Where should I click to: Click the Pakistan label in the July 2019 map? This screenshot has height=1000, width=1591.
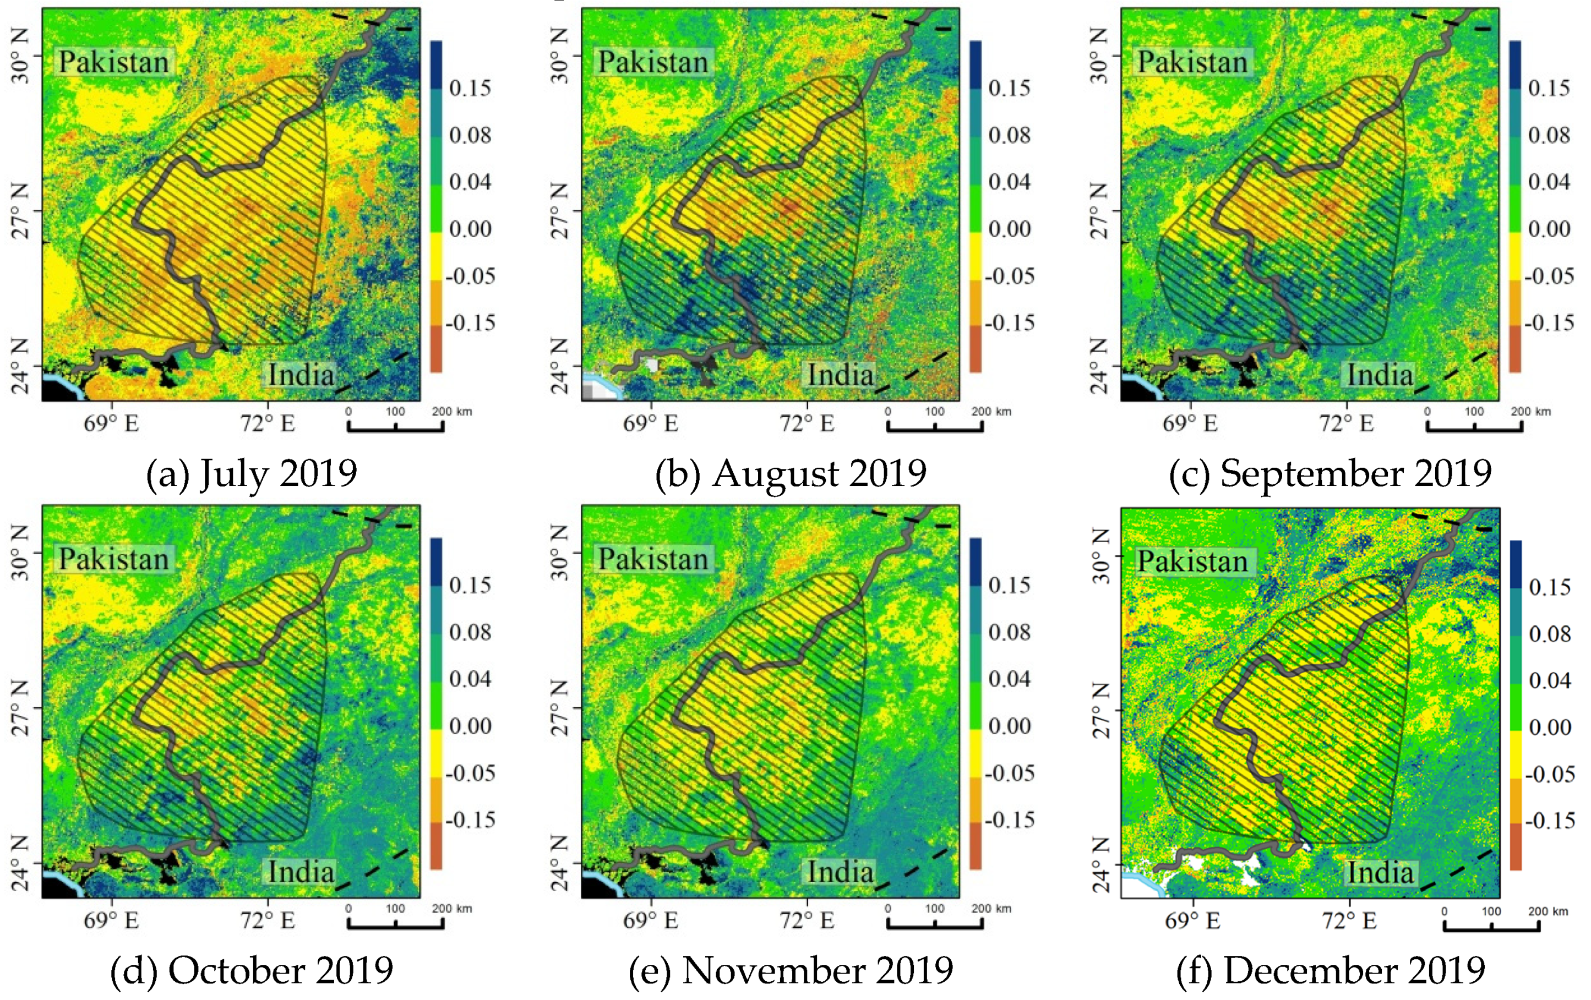click(x=113, y=62)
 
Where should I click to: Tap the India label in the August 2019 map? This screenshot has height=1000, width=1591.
click(x=841, y=375)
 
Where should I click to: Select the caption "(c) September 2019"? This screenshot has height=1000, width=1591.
click(x=1330, y=473)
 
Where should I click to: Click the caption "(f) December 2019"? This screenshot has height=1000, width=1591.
click(x=1331, y=970)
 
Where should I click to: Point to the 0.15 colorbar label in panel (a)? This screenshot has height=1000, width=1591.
click(x=470, y=88)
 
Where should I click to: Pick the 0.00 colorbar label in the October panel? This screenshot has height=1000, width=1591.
click(x=470, y=726)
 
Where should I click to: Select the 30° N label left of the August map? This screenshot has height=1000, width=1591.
click(x=559, y=56)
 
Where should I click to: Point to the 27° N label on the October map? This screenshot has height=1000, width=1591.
click(x=20, y=708)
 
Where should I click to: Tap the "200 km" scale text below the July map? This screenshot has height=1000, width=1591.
click(x=452, y=412)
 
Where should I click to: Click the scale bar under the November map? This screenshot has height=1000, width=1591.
click(x=934, y=924)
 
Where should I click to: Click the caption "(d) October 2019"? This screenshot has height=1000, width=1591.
click(x=251, y=970)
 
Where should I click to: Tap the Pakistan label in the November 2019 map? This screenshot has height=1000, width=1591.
click(x=653, y=560)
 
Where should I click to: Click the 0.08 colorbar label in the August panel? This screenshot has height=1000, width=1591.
click(x=1009, y=135)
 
